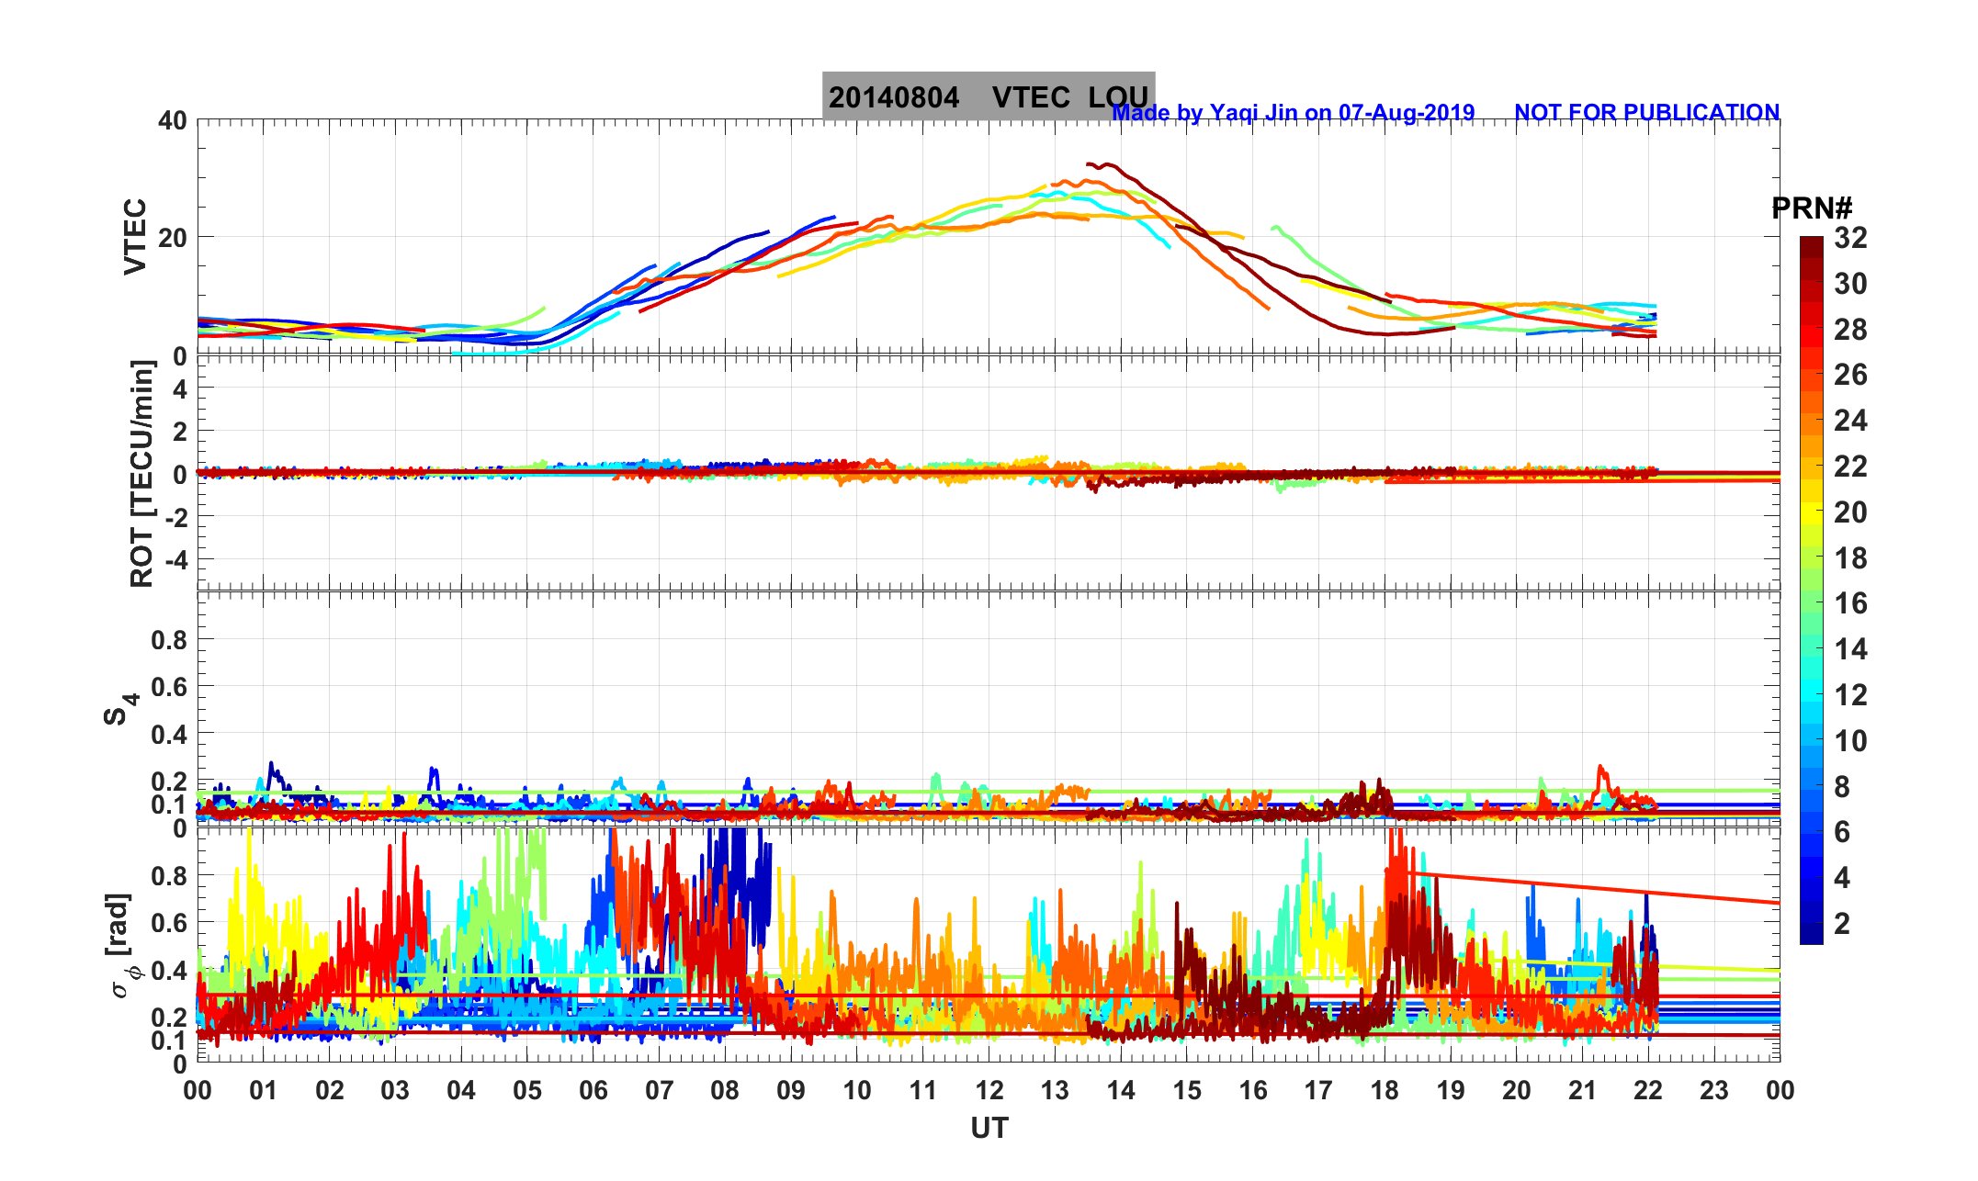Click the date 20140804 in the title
click(x=893, y=97)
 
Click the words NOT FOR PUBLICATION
click(x=1646, y=113)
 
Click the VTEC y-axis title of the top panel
click(x=135, y=236)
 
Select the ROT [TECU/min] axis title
click(x=141, y=474)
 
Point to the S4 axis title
click(x=119, y=709)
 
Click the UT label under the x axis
click(x=989, y=1128)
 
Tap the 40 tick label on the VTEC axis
click(x=172, y=120)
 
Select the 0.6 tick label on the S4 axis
click(x=169, y=687)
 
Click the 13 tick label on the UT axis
click(x=1055, y=1091)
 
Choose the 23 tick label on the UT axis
click(x=1714, y=1091)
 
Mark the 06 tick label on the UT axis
click(x=593, y=1091)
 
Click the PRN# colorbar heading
click(x=1811, y=208)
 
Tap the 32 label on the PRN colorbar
click(x=1850, y=239)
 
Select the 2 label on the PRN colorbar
click(x=1842, y=924)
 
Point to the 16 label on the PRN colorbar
click(x=1850, y=603)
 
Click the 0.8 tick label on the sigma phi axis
click(x=169, y=876)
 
